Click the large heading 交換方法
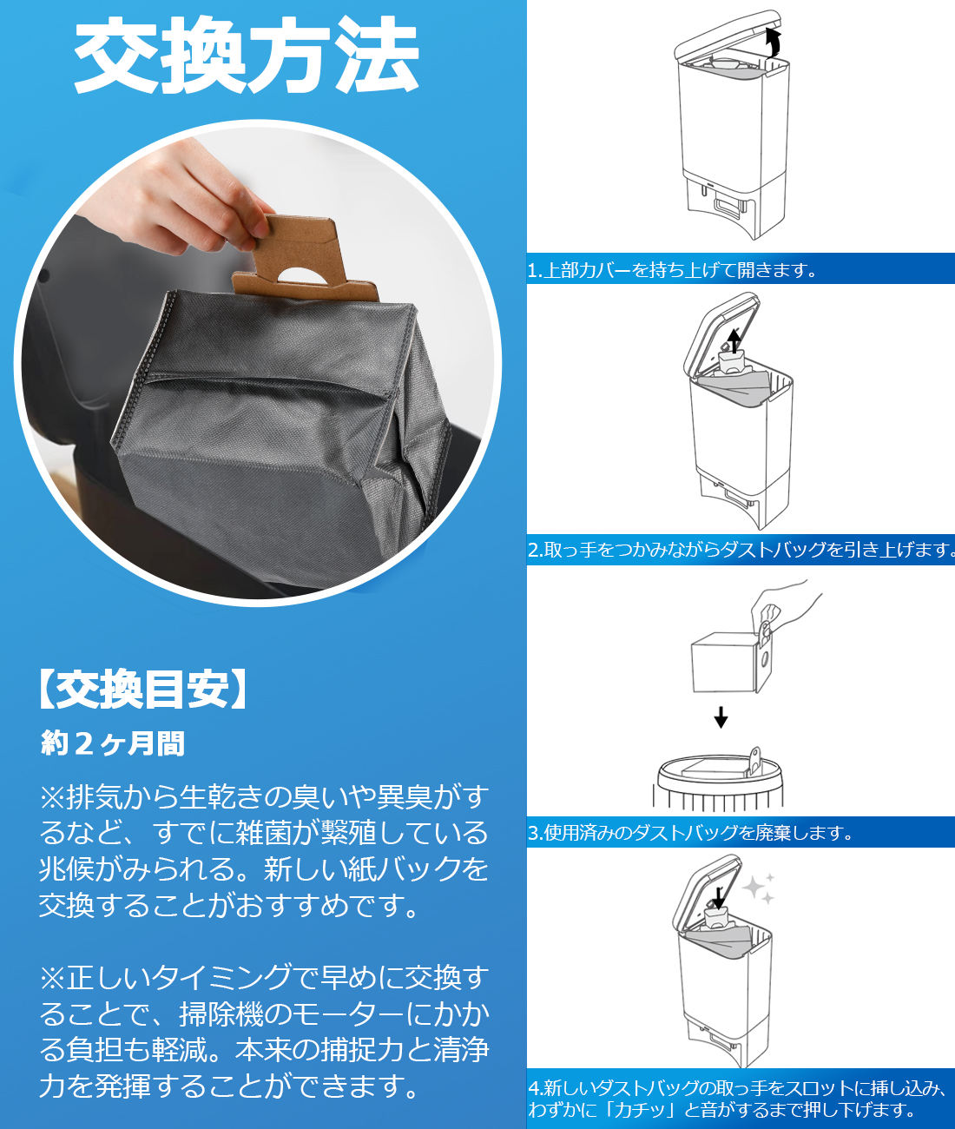click(247, 56)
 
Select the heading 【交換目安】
click(142, 690)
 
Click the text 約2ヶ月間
click(113, 743)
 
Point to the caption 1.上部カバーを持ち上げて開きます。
click(674, 270)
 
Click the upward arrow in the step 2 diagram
click(734, 340)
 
